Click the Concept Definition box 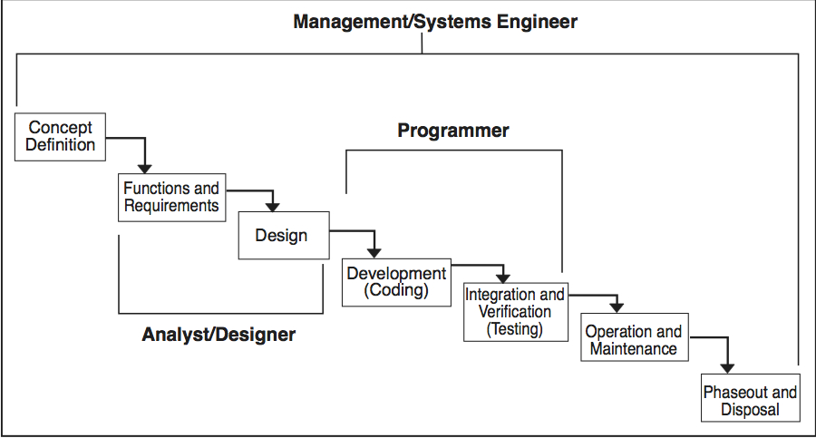[60, 137]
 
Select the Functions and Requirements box [171, 198]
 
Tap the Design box [282, 236]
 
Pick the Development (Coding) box [395, 282]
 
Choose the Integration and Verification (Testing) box [514, 312]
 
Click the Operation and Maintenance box [633, 340]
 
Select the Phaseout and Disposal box [750, 401]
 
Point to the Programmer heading [453, 131]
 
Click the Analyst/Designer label [219, 335]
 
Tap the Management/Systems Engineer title [435, 22]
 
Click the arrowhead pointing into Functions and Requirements [143, 168]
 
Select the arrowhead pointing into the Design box [272, 206]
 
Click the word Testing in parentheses [514, 329]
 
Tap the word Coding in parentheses [395, 291]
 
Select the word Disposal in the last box [750, 410]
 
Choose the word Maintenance [633, 349]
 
